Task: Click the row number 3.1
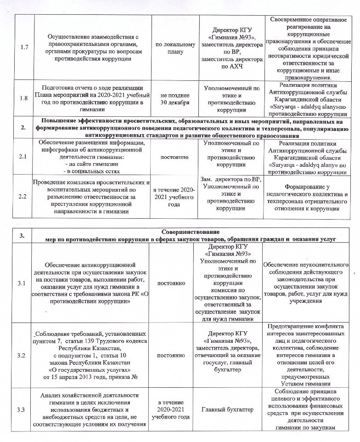pos(21,283)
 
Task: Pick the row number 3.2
pos(21,356)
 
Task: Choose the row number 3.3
pos(21,410)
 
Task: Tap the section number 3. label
pos(21,236)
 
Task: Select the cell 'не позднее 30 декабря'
pos(176,98)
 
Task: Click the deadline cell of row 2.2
pos(176,196)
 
